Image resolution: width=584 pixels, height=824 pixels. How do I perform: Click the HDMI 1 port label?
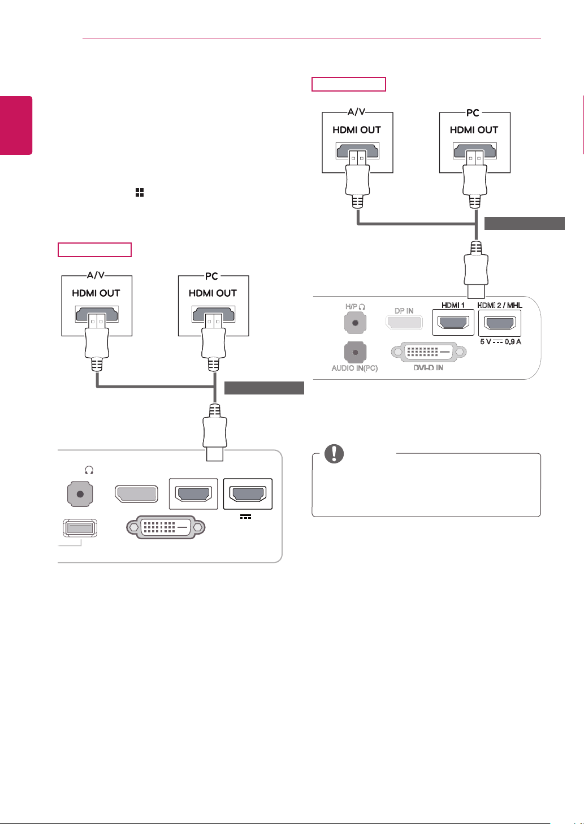453,305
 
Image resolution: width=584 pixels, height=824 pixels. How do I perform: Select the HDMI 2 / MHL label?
500,305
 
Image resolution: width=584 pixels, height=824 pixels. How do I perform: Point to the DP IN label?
404,311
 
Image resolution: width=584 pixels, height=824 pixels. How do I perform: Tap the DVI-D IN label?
429,368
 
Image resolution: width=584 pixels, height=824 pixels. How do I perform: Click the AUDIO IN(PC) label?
354,368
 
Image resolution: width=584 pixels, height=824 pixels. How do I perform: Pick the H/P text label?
351,306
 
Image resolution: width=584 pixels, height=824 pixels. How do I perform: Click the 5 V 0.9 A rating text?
500,342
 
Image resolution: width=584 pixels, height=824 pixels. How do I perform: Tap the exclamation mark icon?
334,454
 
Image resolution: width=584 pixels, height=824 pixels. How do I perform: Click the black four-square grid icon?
140,192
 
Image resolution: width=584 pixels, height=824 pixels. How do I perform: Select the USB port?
80,528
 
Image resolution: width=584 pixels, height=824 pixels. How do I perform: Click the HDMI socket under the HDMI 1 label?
453,323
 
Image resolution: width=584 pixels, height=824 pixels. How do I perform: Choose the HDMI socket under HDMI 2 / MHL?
500,323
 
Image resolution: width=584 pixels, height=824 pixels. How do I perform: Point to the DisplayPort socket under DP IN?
404,323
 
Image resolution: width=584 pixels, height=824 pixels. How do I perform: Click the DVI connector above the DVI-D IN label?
429,352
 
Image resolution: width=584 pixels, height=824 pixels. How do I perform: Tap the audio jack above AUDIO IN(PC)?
355,352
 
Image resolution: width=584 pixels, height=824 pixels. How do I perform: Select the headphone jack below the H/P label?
355,323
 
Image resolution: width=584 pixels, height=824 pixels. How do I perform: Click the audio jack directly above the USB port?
80,494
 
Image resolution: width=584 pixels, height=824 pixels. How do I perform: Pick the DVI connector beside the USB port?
166,527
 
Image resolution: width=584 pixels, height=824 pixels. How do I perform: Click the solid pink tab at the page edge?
16,125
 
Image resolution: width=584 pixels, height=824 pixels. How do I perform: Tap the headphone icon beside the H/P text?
362,306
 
